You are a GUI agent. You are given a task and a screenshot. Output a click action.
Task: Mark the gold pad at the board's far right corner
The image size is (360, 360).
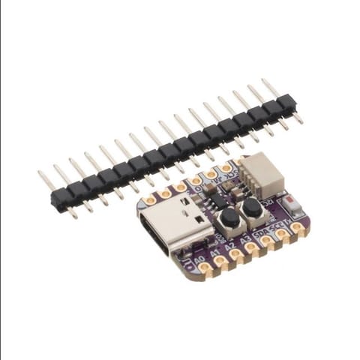pyautogui.click(x=298, y=227)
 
